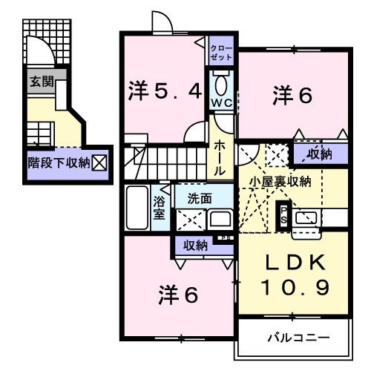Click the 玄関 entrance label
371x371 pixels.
tap(42, 82)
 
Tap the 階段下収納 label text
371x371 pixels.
tap(59, 160)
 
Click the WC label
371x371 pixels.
tap(222, 102)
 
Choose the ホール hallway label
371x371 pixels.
tap(220, 158)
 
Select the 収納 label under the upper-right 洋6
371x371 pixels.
tap(320, 154)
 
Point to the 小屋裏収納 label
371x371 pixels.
tap(280, 180)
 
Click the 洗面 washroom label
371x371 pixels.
tap(199, 199)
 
